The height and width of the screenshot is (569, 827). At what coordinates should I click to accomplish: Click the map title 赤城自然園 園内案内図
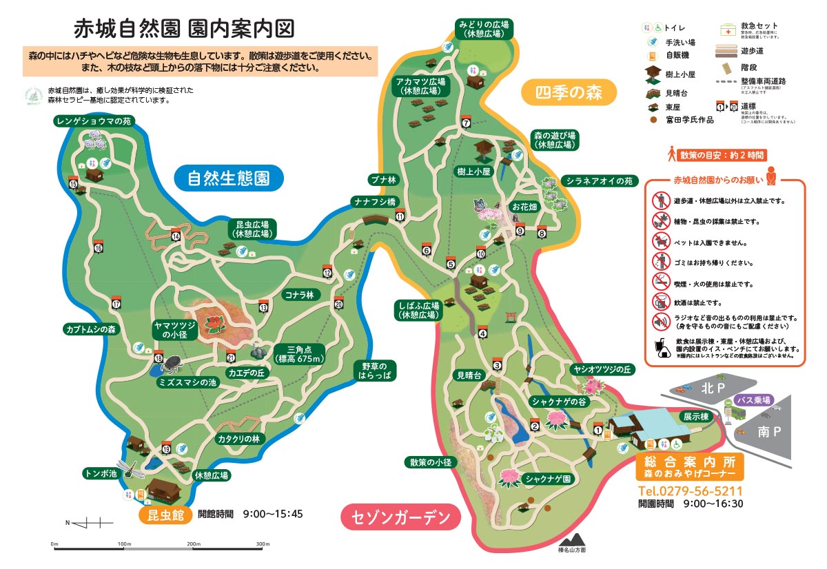point(184,28)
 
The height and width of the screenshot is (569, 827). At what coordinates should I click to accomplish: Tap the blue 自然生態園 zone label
point(228,178)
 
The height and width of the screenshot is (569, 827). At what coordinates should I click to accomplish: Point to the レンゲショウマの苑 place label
point(94,121)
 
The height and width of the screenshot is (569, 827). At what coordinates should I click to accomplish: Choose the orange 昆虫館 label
point(165,515)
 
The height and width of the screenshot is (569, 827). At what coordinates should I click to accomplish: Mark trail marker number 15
point(73,183)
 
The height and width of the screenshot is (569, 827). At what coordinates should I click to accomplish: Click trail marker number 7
point(467,123)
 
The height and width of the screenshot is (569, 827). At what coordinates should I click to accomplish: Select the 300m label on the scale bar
point(263,544)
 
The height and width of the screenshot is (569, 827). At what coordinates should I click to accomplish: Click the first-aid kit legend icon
point(728,30)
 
